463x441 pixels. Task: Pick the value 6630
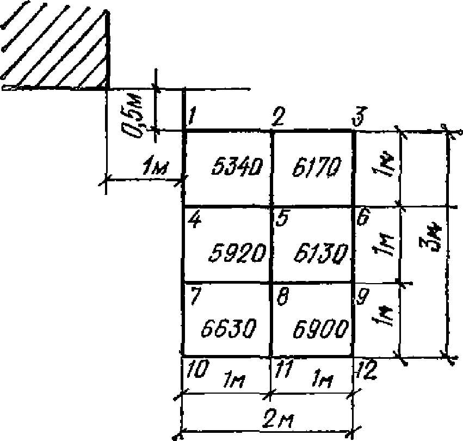228,328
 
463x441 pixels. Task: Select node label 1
192,117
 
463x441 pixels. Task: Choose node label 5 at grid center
282,219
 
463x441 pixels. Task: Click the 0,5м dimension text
132,112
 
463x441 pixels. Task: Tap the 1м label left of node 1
153,170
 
